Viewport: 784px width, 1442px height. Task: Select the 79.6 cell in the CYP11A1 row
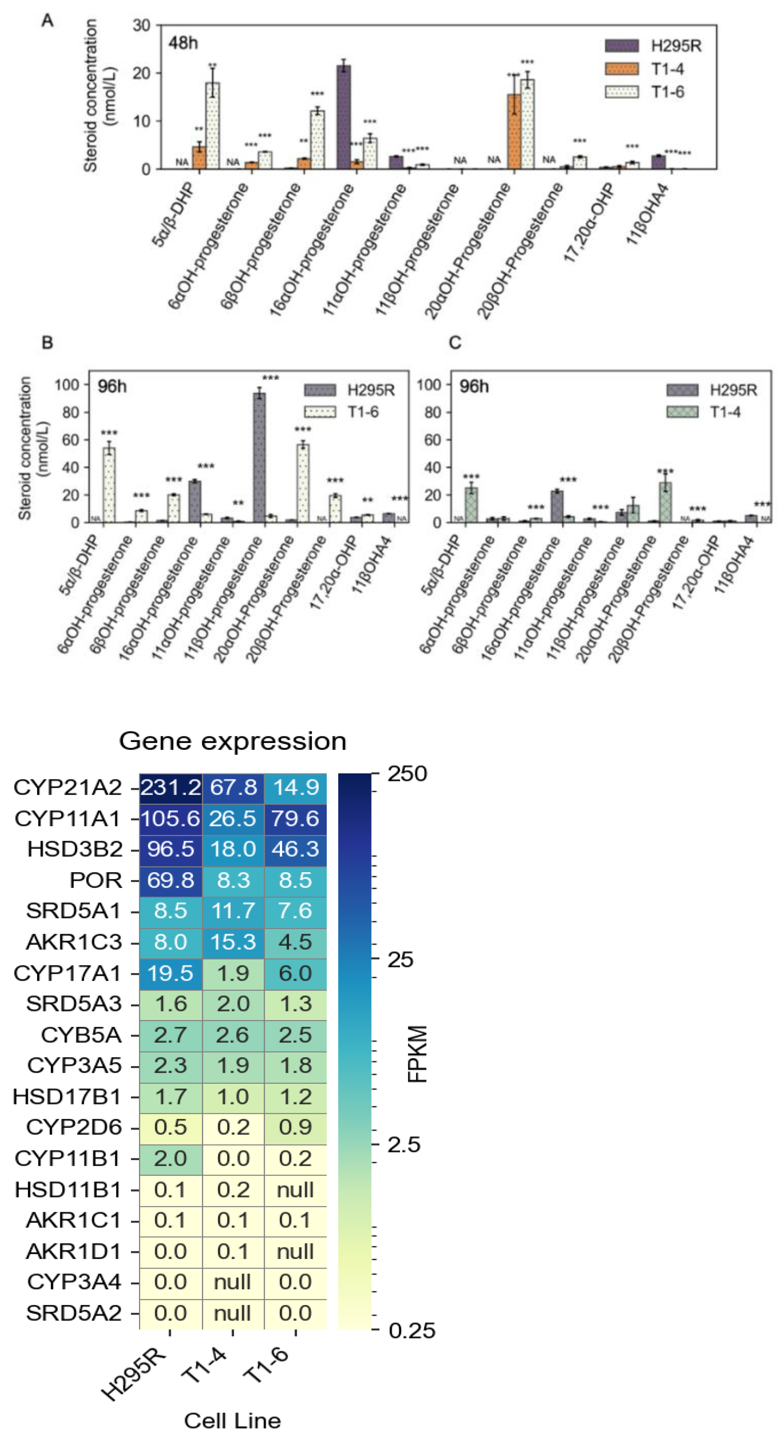[295, 818]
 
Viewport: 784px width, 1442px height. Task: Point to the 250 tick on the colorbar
[407, 774]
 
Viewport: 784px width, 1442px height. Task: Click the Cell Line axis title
[232, 1420]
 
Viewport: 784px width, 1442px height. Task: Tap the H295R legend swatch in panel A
[621, 46]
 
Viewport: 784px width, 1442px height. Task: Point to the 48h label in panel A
[183, 43]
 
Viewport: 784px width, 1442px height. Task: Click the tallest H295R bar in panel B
[259, 457]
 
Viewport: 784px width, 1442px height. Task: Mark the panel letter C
[455, 342]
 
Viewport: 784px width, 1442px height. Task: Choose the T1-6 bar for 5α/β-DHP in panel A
[212, 125]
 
